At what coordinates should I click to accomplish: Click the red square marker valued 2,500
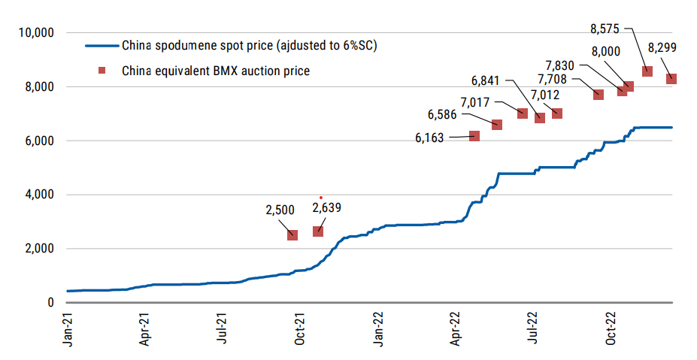click(292, 235)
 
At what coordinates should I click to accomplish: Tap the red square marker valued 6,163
click(474, 136)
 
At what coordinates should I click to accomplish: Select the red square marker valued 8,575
click(647, 71)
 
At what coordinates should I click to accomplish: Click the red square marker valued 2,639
click(318, 231)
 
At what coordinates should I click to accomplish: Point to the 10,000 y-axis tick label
click(32, 33)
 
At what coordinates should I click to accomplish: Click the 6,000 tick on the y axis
click(35, 141)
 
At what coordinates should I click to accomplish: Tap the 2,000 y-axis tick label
click(35, 249)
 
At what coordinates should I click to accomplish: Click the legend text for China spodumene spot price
click(249, 46)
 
